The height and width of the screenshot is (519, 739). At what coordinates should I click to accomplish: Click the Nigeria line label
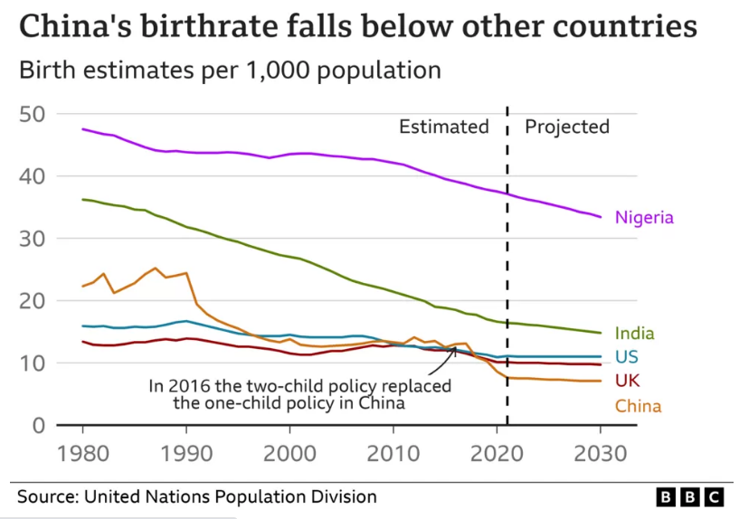(644, 217)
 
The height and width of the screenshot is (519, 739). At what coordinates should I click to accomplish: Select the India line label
(633, 334)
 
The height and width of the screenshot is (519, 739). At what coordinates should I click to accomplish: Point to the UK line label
(628, 380)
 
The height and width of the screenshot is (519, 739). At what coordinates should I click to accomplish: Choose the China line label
(638, 406)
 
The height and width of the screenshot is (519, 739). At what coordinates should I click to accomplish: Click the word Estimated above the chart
(443, 127)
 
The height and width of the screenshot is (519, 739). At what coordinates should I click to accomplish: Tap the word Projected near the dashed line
(567, 127)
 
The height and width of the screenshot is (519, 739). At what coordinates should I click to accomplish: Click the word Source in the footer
(44, 496)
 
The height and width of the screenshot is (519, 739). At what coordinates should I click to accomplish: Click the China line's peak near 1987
(156, 269)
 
